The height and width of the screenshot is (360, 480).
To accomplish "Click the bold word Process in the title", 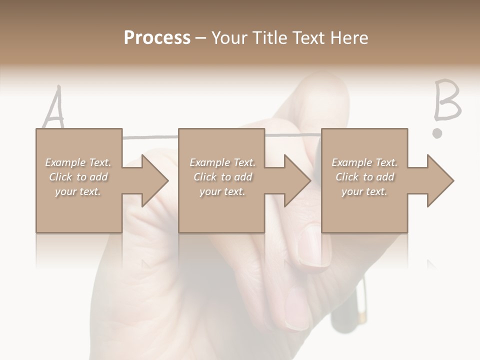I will coord(157,38).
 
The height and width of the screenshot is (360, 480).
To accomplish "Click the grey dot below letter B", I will coord(437,133).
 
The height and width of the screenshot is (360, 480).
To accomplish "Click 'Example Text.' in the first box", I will coord(78,162).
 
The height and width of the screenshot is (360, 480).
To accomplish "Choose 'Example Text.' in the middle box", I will coord(222,162).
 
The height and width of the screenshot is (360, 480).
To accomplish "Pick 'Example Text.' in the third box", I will coord(364,162).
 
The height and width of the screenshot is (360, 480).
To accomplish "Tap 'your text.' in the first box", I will coord(78,191).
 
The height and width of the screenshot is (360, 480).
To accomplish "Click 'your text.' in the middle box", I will coord(222,191).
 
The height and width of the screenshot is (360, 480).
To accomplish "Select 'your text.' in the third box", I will coord(364,191).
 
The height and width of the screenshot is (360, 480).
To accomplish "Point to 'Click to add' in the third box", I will coord(364,177).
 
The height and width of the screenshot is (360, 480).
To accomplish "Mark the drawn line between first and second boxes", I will coord(150,136).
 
